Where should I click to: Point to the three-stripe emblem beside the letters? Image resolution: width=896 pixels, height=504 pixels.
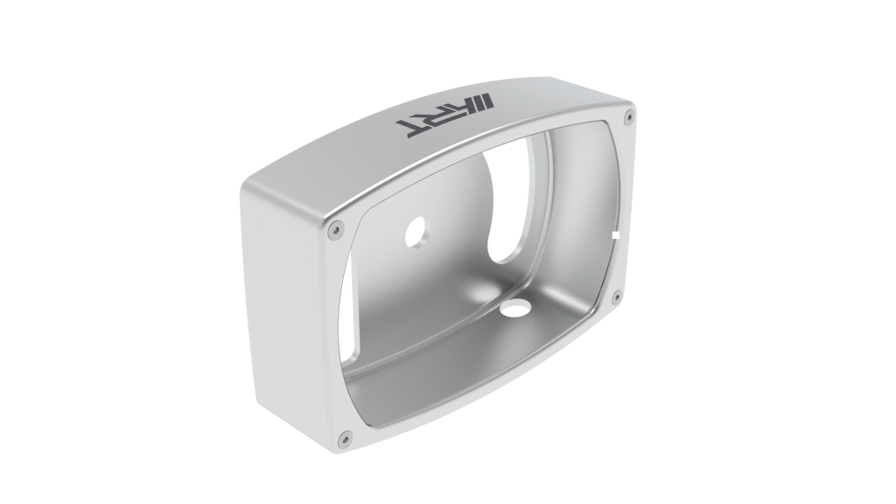(x=485, y=101)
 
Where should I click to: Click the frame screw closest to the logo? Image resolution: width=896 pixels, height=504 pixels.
(x=628, y=117)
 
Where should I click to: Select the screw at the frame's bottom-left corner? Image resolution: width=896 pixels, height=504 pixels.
(x=343, y=439)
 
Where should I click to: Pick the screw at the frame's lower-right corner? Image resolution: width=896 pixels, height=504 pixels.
(x=616, y=296)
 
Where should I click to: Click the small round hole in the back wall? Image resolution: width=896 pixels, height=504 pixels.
(x=416, y=233)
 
